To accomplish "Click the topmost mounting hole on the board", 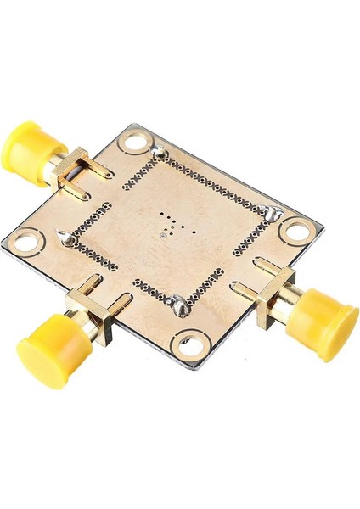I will point(132,145).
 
